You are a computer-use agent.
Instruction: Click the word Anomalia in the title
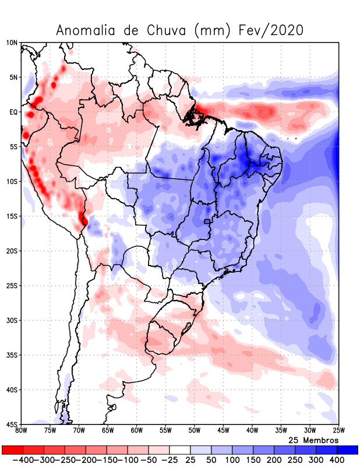[x=89, y=30]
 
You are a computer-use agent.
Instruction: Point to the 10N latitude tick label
[x=12, y=43]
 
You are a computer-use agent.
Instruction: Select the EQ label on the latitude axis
[x=13, y=112]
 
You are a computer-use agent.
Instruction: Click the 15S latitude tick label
[x=12, y=217]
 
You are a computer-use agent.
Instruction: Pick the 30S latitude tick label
[x=12, y=320]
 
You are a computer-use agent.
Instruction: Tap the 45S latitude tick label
[x=12, y=424]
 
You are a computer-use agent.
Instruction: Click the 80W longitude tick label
[x=22, y=431]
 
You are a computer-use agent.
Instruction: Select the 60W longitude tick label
[x=136, y=431]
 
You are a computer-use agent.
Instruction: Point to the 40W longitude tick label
[x=252, y=431]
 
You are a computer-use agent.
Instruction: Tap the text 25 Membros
[x=313, y=440]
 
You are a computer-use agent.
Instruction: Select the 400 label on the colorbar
[x=337, y=460]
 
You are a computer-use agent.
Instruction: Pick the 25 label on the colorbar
[x=190, y=460]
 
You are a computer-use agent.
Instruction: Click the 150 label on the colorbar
[x=253, y=460]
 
